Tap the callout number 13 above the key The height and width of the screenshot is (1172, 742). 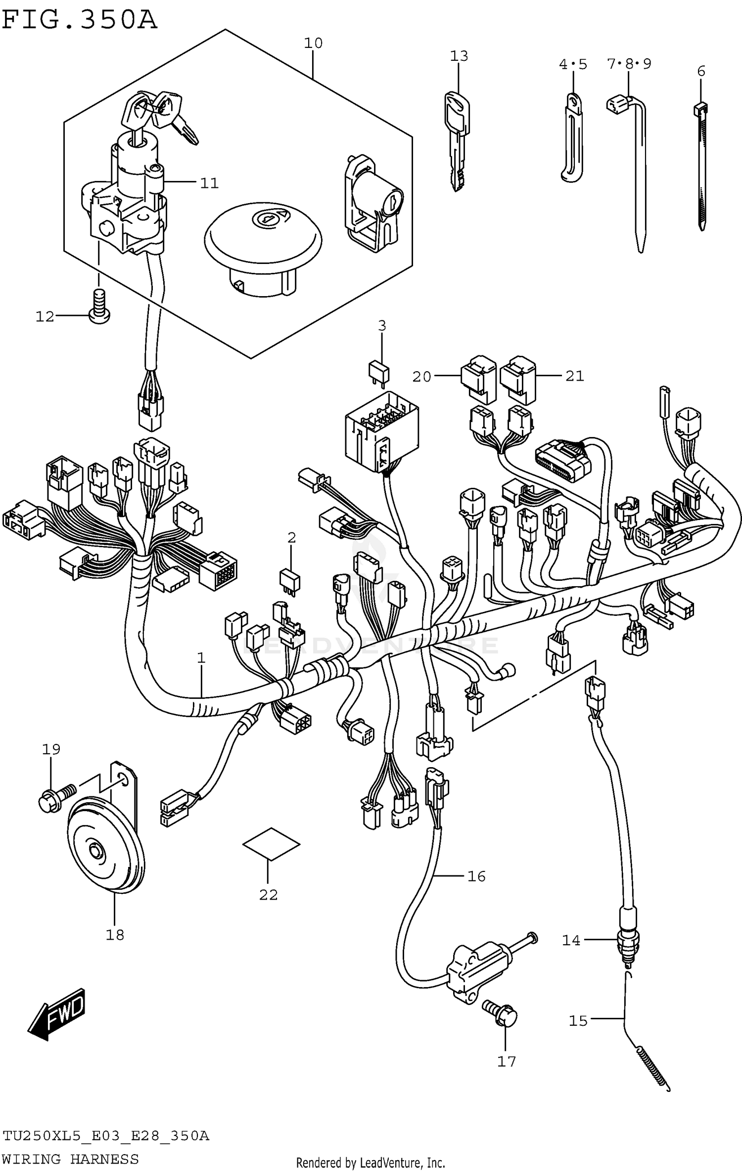pyautogui.click(x=459, y=56)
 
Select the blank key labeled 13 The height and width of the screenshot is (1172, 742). pyautogui.click(x=458, y=141)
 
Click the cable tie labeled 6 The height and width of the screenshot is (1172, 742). pyautogui.click(x=702, y=168)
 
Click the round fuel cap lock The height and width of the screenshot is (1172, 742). pyautogui.click(x=263, y=247)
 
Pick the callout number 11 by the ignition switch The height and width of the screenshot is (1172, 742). pyautogui.click(x=209, y=183)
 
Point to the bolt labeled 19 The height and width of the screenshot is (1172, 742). pyautogui.click(x=55, y=795)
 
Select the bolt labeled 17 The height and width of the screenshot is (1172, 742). pyautogui.click(x=501, y=1015)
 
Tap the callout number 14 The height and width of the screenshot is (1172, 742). pyautogui.click(x=571, y=940)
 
